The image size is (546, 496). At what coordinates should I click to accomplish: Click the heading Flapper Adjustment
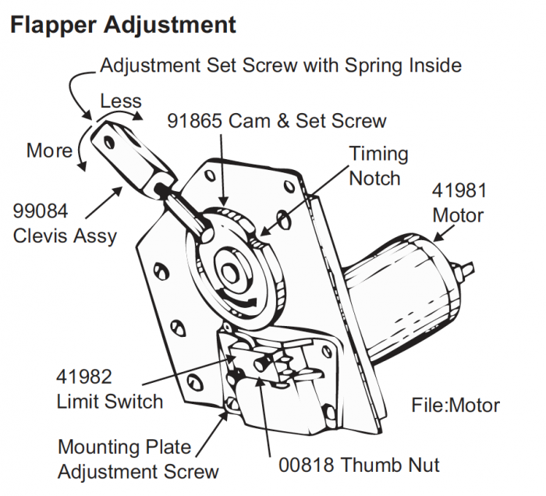click(x=124, y=24)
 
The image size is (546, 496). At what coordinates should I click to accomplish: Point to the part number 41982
click(x=84, y=377)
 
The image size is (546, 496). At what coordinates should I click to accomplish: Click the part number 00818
click(x=310, y=466)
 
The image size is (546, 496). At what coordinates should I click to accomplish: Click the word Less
click(x=121, y=101)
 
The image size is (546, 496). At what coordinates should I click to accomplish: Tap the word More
click(x=49, y=151)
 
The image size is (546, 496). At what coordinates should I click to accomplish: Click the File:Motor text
click(x=456, y=405)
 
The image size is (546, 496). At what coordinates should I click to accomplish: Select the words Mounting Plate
click(x=124, y=448)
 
